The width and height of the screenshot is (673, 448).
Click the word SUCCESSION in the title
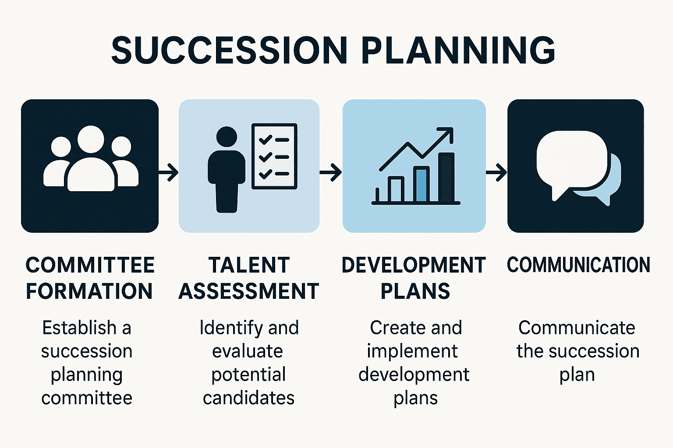click(x=229, y=50)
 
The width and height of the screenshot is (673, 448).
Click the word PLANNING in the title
click(x=460, y=50)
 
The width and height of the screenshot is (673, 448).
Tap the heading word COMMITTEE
click(x=90, y=265)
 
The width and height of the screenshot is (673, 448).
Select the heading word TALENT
click(x=249, y=265)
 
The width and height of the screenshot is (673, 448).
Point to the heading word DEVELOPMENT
click(x=414, y=265)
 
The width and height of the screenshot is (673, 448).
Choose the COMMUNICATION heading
click(x=578, y=265)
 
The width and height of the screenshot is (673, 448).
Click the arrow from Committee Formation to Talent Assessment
click(x=169, y=172)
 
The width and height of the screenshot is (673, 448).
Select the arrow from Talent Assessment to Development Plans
click(x=331, y=172)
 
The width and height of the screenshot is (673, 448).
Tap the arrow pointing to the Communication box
click(x=496, y=172)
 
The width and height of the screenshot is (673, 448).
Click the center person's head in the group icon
click(x=91, y=140)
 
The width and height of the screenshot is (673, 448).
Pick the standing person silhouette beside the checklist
click(x=227, y=171)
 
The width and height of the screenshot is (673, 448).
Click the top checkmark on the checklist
click(x=266, y=140)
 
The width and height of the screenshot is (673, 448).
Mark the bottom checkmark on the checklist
click(x=266, y=174)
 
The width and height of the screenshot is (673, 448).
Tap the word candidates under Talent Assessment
click(x=248, y=398)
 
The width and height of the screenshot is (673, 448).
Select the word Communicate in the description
click(x=577, y=328)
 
